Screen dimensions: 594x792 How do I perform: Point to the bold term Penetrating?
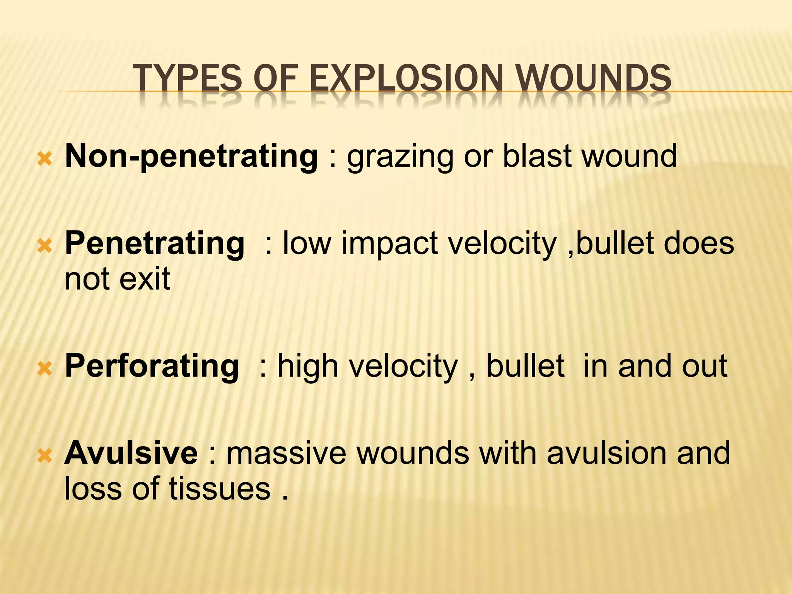pos(155,244)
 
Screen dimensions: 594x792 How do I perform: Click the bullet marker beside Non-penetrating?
pos(45,159)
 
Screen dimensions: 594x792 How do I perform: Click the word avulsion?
pos(607,453)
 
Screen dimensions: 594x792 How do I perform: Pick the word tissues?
pos(219,488)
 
